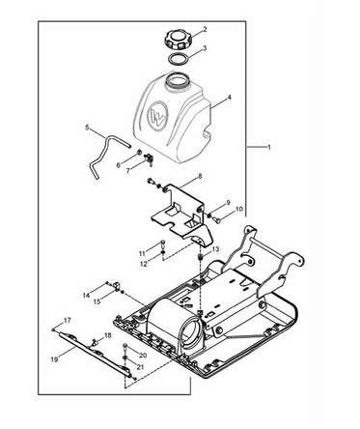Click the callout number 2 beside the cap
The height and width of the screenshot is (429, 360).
click(205, 30)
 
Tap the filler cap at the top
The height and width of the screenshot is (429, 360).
click(178, 40)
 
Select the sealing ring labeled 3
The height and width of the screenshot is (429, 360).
click(179, 60)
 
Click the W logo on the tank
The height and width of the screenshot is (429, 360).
click(157, 114)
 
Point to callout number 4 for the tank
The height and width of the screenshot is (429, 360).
click(229, 97)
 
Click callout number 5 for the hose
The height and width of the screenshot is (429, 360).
click(87, 128)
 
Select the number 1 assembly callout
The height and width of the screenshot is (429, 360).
click(269, 148)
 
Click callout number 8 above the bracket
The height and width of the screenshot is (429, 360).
click(200, 177)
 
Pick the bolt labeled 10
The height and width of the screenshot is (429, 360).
click(217, 219)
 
